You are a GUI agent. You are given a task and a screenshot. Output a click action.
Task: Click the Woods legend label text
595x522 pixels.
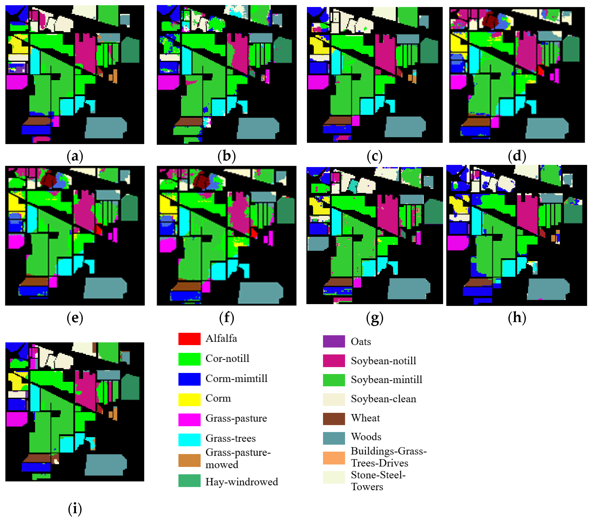(x=366, y=437)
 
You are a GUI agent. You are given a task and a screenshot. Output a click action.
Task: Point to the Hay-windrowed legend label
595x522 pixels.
(x=242, y=482)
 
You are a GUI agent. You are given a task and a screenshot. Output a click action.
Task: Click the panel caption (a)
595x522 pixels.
(x=75, y=156)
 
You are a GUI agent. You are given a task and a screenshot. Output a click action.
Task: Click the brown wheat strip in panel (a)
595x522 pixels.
(x=37, y=121)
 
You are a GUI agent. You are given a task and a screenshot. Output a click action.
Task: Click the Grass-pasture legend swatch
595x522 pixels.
(x=189, y=419)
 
